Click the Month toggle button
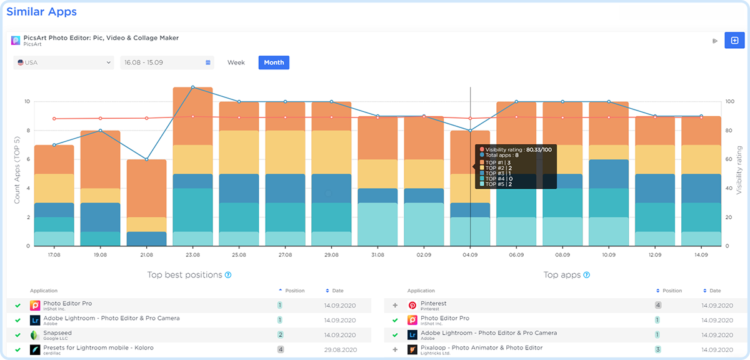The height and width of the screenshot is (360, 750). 274,62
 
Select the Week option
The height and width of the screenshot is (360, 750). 236,62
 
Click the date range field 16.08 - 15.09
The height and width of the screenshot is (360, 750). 167,62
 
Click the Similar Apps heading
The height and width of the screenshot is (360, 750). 41,11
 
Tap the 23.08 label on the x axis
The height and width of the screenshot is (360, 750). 192,255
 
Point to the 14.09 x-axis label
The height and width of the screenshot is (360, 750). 701,255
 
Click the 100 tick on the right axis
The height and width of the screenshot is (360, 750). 729,101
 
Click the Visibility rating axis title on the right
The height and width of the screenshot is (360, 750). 739,170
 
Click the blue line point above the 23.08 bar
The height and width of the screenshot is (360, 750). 192,87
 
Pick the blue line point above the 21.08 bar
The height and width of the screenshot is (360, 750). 146,159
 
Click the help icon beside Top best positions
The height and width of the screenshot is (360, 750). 228,275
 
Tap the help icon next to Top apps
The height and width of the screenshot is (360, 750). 586,275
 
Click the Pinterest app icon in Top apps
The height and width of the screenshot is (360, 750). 412,306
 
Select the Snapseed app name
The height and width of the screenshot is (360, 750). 57,333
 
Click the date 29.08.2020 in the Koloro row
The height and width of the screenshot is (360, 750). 341,350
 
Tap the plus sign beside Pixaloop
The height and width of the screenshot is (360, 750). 395,350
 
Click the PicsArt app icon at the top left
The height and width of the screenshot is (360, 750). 16,41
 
